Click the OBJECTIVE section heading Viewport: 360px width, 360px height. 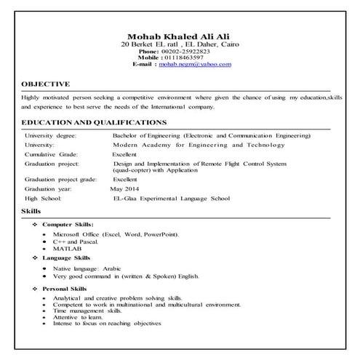(46, 84)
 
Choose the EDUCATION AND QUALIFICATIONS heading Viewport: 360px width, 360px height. (95, 122)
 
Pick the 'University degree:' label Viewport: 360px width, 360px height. (53, 135)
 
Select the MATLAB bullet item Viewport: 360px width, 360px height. (67, 249)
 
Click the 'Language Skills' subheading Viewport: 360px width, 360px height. (66, 257)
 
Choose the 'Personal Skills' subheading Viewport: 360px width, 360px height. (66, 289)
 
